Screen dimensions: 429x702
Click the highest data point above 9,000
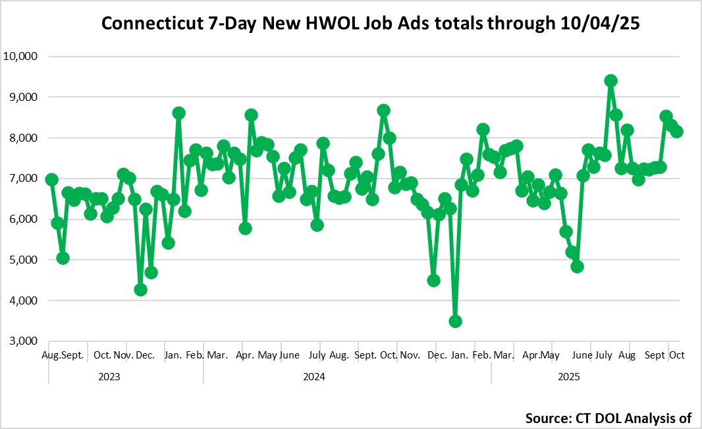(x=610, y=80)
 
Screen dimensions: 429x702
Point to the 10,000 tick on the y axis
(x=22, y=57)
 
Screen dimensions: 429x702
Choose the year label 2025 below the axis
(x=568, y=377)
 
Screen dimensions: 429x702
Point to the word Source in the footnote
(x=550, y=418)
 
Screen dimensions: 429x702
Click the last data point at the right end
(x=676, y=131)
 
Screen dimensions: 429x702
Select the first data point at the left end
(x=52, y=179)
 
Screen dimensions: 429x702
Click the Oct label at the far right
(x=676, y=355)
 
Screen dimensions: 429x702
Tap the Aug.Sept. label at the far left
(x=63, y=355)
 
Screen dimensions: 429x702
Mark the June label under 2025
(x=581, y=355)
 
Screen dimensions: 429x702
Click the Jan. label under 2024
(x=174, y=355)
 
